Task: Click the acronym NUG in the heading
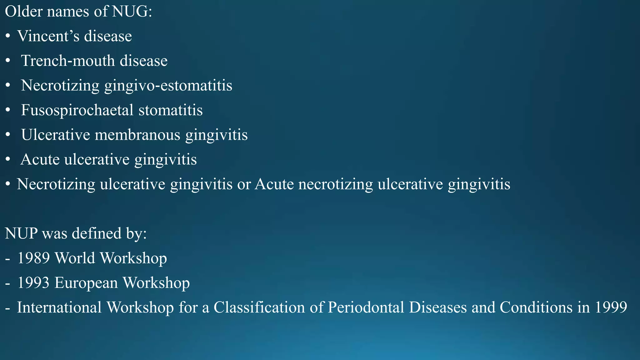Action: click(132, 12)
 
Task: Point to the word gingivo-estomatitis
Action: click(168, 85)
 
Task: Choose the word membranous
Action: click(137, 135)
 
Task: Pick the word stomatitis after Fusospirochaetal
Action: click(171, 110)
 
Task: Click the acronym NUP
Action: click(21, 233)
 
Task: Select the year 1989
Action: click(33, 258)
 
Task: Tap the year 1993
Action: click(33, 283)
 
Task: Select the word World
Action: click(75, 258)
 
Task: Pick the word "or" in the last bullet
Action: click(244, 184)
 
